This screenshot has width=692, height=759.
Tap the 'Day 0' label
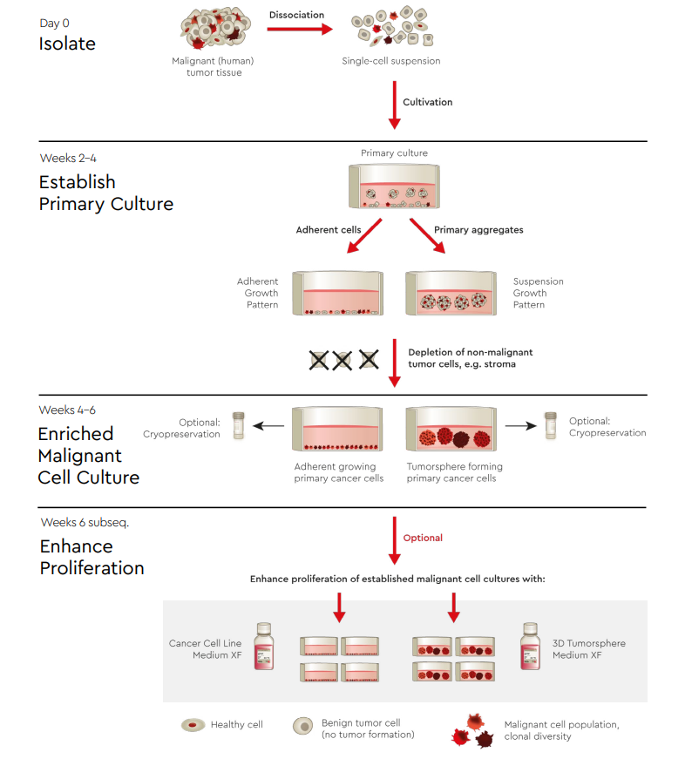tap(55, 23)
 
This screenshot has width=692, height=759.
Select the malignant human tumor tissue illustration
tap(213, 29)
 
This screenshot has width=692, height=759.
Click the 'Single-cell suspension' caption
tap(391, 61)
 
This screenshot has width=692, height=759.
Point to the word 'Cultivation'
tap(427, 102)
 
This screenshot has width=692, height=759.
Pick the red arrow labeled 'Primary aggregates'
tap(426, 236)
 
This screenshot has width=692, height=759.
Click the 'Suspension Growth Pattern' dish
tap(454, 294)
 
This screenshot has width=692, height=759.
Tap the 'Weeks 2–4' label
tap(68, 159)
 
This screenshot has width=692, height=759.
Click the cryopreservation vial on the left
tap(238, 425)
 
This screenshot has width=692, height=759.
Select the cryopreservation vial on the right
tap(550, 425)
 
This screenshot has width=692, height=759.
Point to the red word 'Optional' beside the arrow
tap(423, 538)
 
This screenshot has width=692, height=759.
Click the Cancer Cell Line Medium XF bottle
tap(264, 646)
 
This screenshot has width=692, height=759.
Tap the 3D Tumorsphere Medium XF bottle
tap(531, 646)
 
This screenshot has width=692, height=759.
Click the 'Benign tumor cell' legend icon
tap(303, 725)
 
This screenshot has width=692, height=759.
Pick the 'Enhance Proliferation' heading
tap(92, 557)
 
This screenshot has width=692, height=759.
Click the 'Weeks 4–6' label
tap(68, 410)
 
